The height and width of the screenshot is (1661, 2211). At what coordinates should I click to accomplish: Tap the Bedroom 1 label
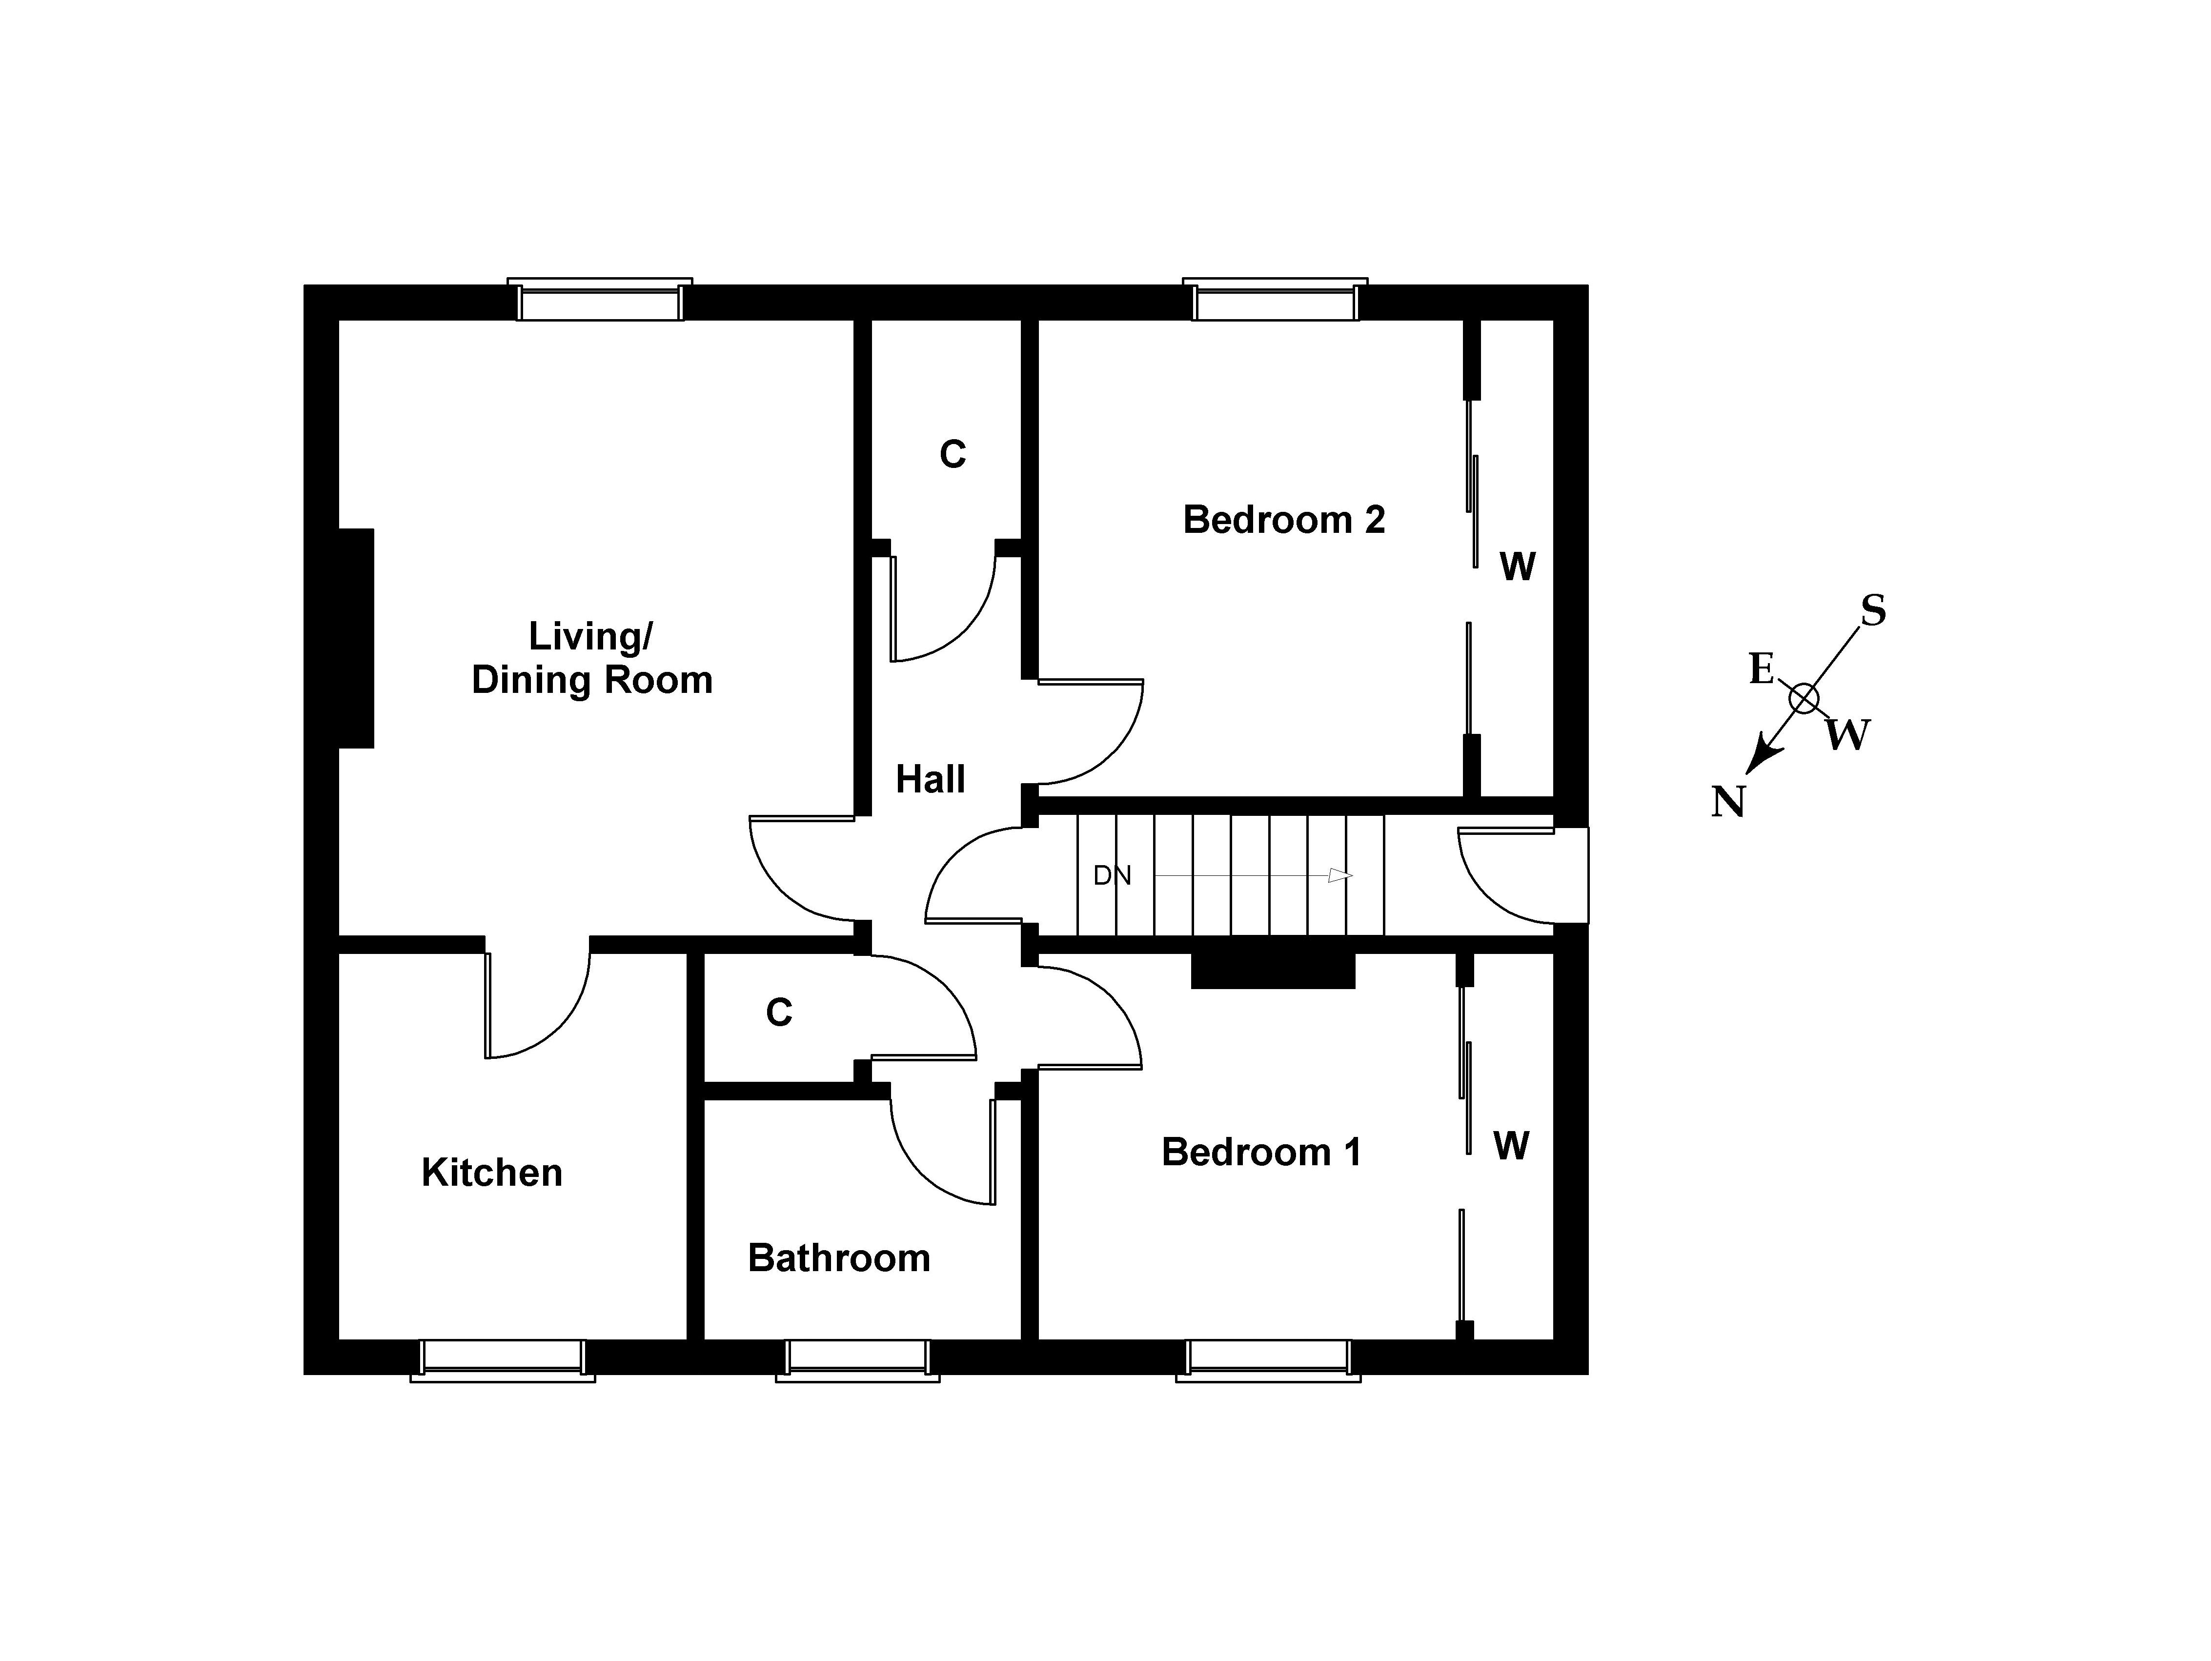click(1261, 1152)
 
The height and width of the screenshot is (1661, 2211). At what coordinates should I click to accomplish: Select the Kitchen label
click(492, 1172)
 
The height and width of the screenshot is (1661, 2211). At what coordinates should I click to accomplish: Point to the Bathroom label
click(839, 1258)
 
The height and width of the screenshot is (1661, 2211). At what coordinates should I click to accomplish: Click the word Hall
click(930, 780)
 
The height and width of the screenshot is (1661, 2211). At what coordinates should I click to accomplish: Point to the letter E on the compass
click(1761, 668)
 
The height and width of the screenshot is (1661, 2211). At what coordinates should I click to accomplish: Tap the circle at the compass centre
click(1803, 699)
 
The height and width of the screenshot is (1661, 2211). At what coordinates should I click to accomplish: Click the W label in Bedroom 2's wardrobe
click(1517, 567)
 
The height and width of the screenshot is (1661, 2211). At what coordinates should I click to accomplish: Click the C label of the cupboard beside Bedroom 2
click(953, 455)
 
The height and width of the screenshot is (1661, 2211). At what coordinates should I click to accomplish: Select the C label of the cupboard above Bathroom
click(779, 1013)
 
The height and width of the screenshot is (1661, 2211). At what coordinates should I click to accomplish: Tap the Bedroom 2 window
click(1275, 300)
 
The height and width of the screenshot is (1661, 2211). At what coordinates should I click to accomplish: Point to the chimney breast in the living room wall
click(356, 638)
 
